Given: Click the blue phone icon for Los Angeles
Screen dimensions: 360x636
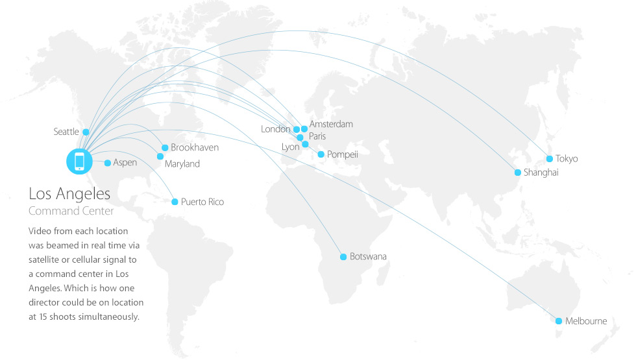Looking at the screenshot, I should click(x=80, y=160).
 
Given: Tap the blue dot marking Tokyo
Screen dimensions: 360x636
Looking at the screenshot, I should click(x=550, y=159).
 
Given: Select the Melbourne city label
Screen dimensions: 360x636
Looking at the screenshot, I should click(x=585, y=321).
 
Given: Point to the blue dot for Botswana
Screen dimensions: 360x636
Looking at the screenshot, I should click(x=343, y=257).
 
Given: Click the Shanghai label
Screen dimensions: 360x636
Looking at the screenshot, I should click(x=541, y=173).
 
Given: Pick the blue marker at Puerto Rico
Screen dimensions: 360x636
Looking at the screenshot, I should click(x=174, y=202).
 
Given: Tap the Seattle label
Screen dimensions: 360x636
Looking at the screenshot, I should click(x=66, y=132).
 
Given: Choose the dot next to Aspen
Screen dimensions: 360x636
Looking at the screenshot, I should click(x=107, y=163).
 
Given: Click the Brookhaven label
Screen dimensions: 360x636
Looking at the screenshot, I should click(x=195, y=148).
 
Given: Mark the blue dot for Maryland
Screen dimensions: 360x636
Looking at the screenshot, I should click(x=160, y=156).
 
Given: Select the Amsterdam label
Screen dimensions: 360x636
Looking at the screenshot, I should click(x=331, y=124).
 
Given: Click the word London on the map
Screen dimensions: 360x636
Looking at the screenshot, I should click(x=276, y=129).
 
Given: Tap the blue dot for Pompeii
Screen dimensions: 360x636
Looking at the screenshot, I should click(x=321, y=154).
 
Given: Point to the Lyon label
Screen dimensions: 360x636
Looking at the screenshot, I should click(x=290, y=147).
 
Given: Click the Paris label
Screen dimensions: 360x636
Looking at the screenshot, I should click(x=317, y=136).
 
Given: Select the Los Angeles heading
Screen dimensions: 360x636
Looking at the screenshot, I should click(x=69, y=194).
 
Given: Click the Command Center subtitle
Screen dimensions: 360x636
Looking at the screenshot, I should click(x=71, y=211).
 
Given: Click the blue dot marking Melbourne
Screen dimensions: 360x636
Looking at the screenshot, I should click(x=558, y=321).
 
